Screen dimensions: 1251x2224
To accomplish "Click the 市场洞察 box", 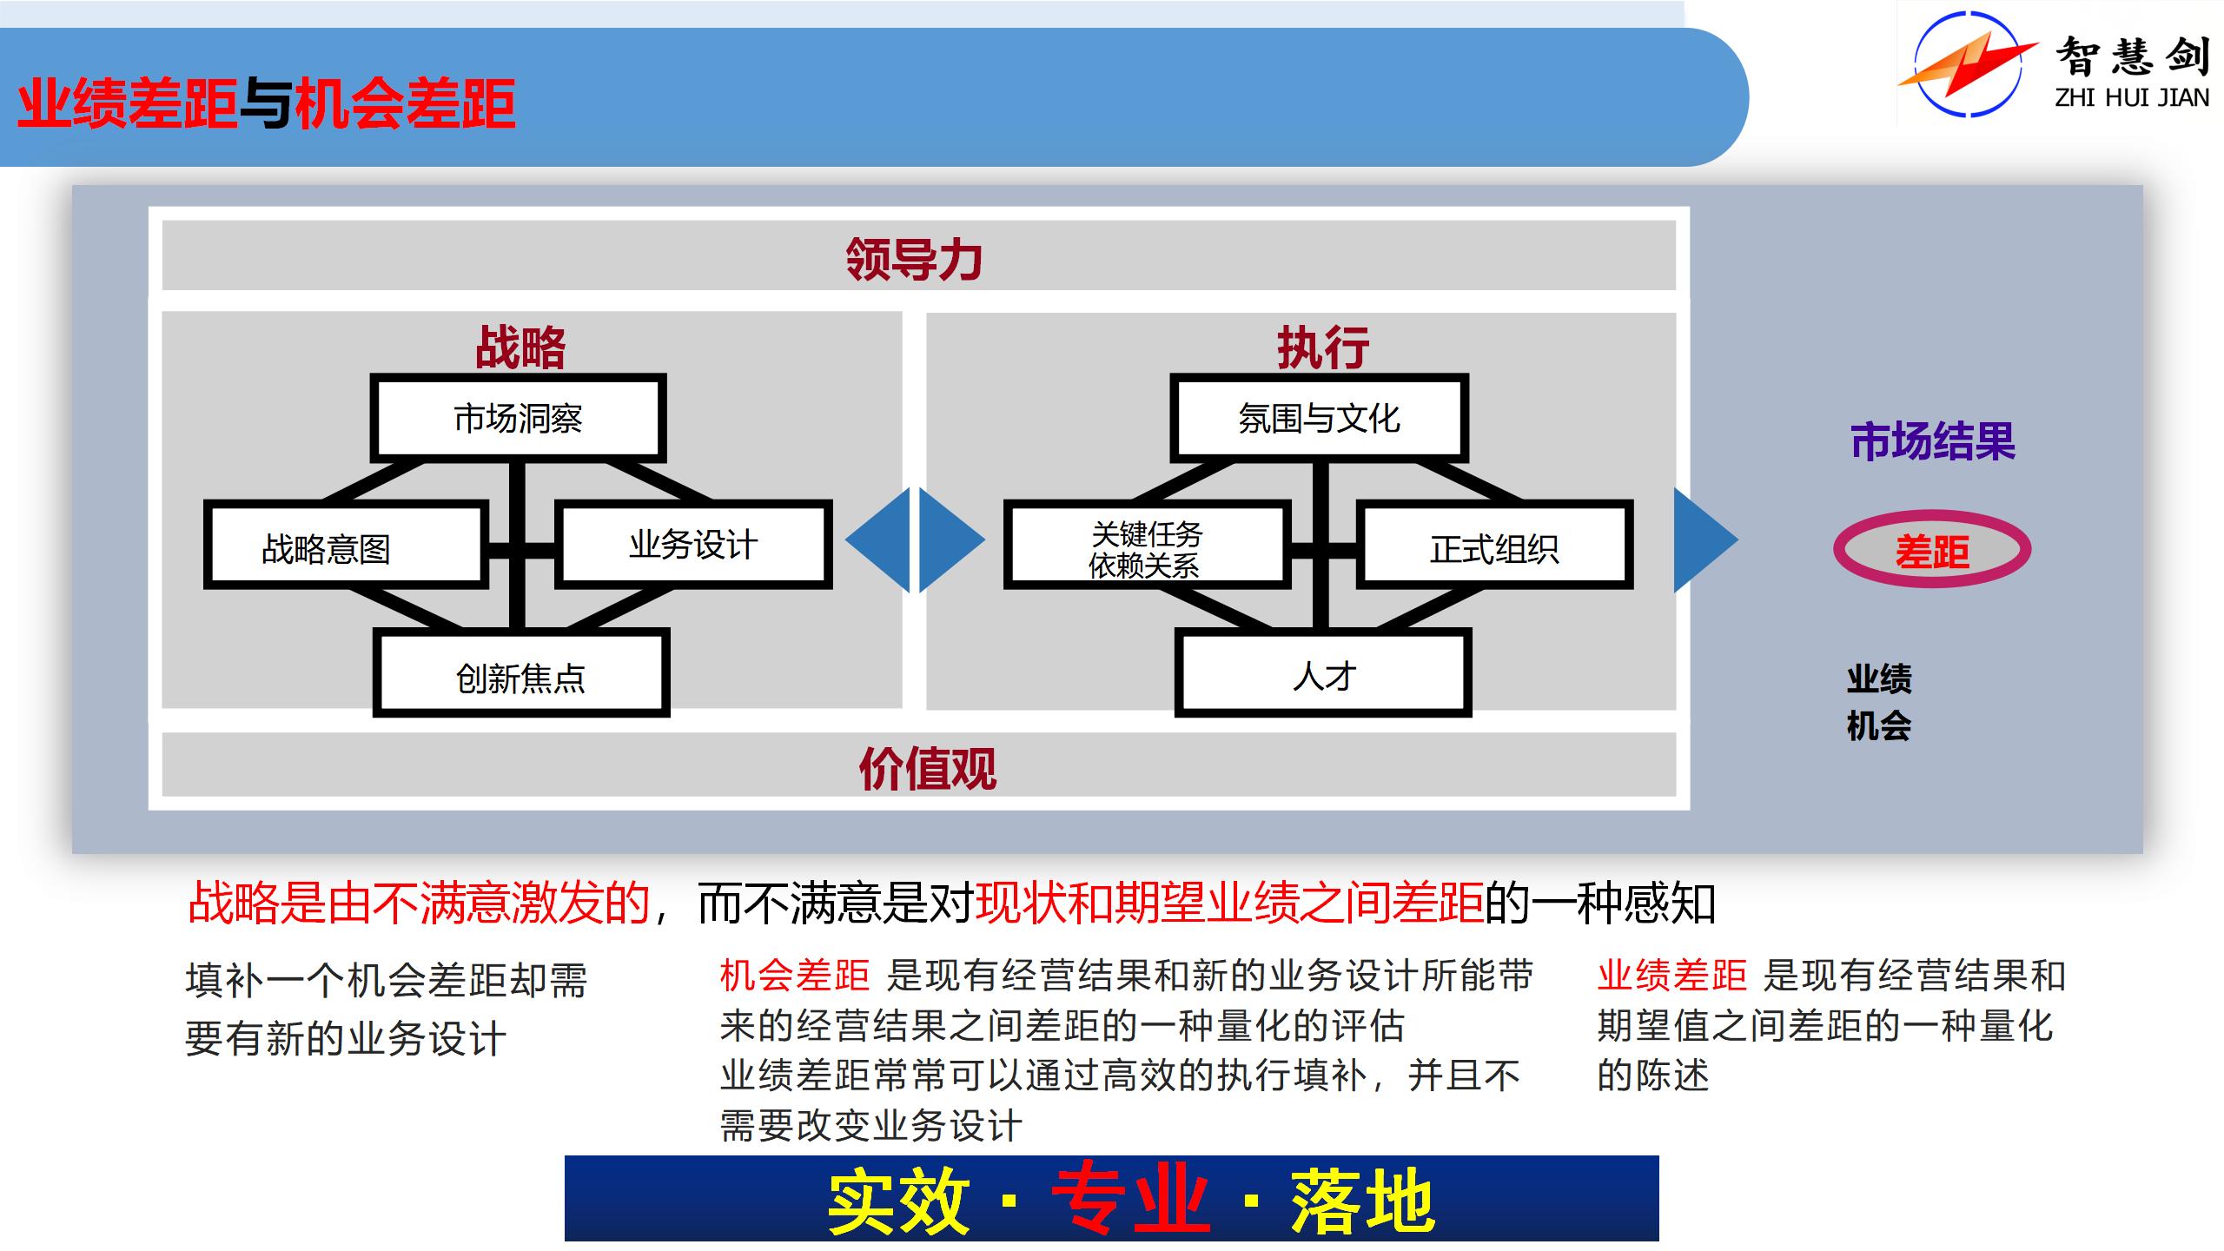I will (x=518, y=418).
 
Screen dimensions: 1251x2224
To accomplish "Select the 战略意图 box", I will (x=343, y=545).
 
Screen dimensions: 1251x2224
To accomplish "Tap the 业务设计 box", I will (x=693, y=545).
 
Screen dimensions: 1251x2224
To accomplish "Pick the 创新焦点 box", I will (x=521, y=674).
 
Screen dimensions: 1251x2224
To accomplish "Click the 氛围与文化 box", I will (x=1319, y=418).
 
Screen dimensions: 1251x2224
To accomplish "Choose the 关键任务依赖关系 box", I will (x=1145, y=545).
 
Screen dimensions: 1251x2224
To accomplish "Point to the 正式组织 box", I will (x=1494, y=545).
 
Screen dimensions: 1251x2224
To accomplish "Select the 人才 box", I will (x=1322, y=674).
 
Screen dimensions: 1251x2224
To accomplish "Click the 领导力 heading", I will (x=914, y=258).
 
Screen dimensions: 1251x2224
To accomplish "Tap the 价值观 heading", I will (x=927, y=768).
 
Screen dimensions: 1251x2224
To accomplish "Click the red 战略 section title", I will (x=520, y=347).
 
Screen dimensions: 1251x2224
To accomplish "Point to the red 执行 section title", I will (x=1322, y=347).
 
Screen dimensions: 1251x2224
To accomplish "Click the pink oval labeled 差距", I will (x=1932, y=549).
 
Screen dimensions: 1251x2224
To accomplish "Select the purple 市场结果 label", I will (x=1932, y=441).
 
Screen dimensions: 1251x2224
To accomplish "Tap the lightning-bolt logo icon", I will (x=1968, y=63).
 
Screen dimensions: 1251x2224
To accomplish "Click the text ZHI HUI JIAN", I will (x=2132, y=98).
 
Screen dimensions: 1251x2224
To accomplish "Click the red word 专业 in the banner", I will (x=1129, y=1201).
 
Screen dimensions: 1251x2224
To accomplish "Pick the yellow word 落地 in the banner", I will (x=1362, y=1201).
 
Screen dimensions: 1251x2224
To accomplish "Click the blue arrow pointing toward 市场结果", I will (x=1704, y=540).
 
